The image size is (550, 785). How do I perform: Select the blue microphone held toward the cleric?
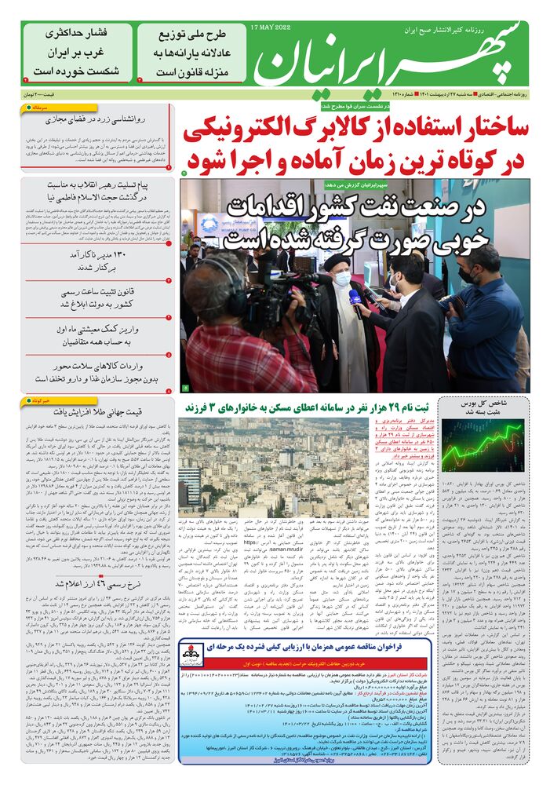[x=355, y=299]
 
